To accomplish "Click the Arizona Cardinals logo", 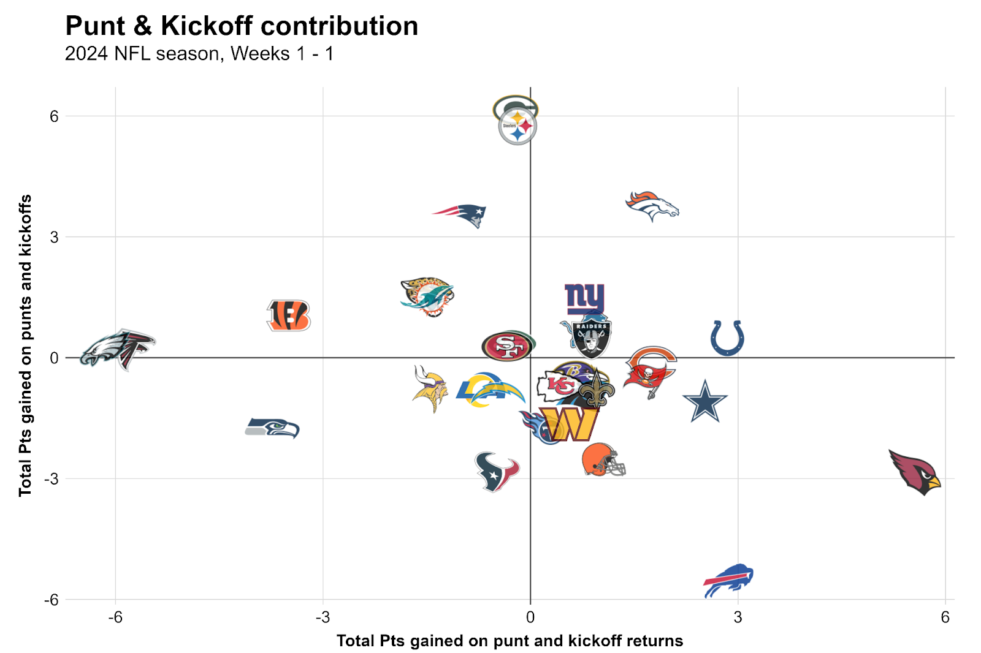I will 915,472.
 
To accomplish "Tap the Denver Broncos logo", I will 652,206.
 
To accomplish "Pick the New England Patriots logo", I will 461,214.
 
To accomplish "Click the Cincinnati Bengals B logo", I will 289,315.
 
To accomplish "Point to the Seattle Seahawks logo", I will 272,428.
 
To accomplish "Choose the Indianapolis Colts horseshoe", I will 727,338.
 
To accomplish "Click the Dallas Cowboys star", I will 705,401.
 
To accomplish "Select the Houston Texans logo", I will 496,472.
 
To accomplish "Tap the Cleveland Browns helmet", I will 603,460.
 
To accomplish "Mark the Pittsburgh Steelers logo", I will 517,127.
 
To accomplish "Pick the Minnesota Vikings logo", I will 430,389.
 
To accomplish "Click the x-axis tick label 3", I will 738,617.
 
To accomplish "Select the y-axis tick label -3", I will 51,478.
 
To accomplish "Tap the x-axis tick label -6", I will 115,617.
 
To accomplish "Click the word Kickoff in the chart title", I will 207,26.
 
